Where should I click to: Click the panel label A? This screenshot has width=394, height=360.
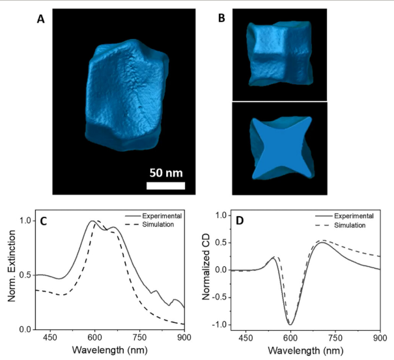pos(40,20)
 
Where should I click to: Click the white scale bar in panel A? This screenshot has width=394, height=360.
pos(165,186)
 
